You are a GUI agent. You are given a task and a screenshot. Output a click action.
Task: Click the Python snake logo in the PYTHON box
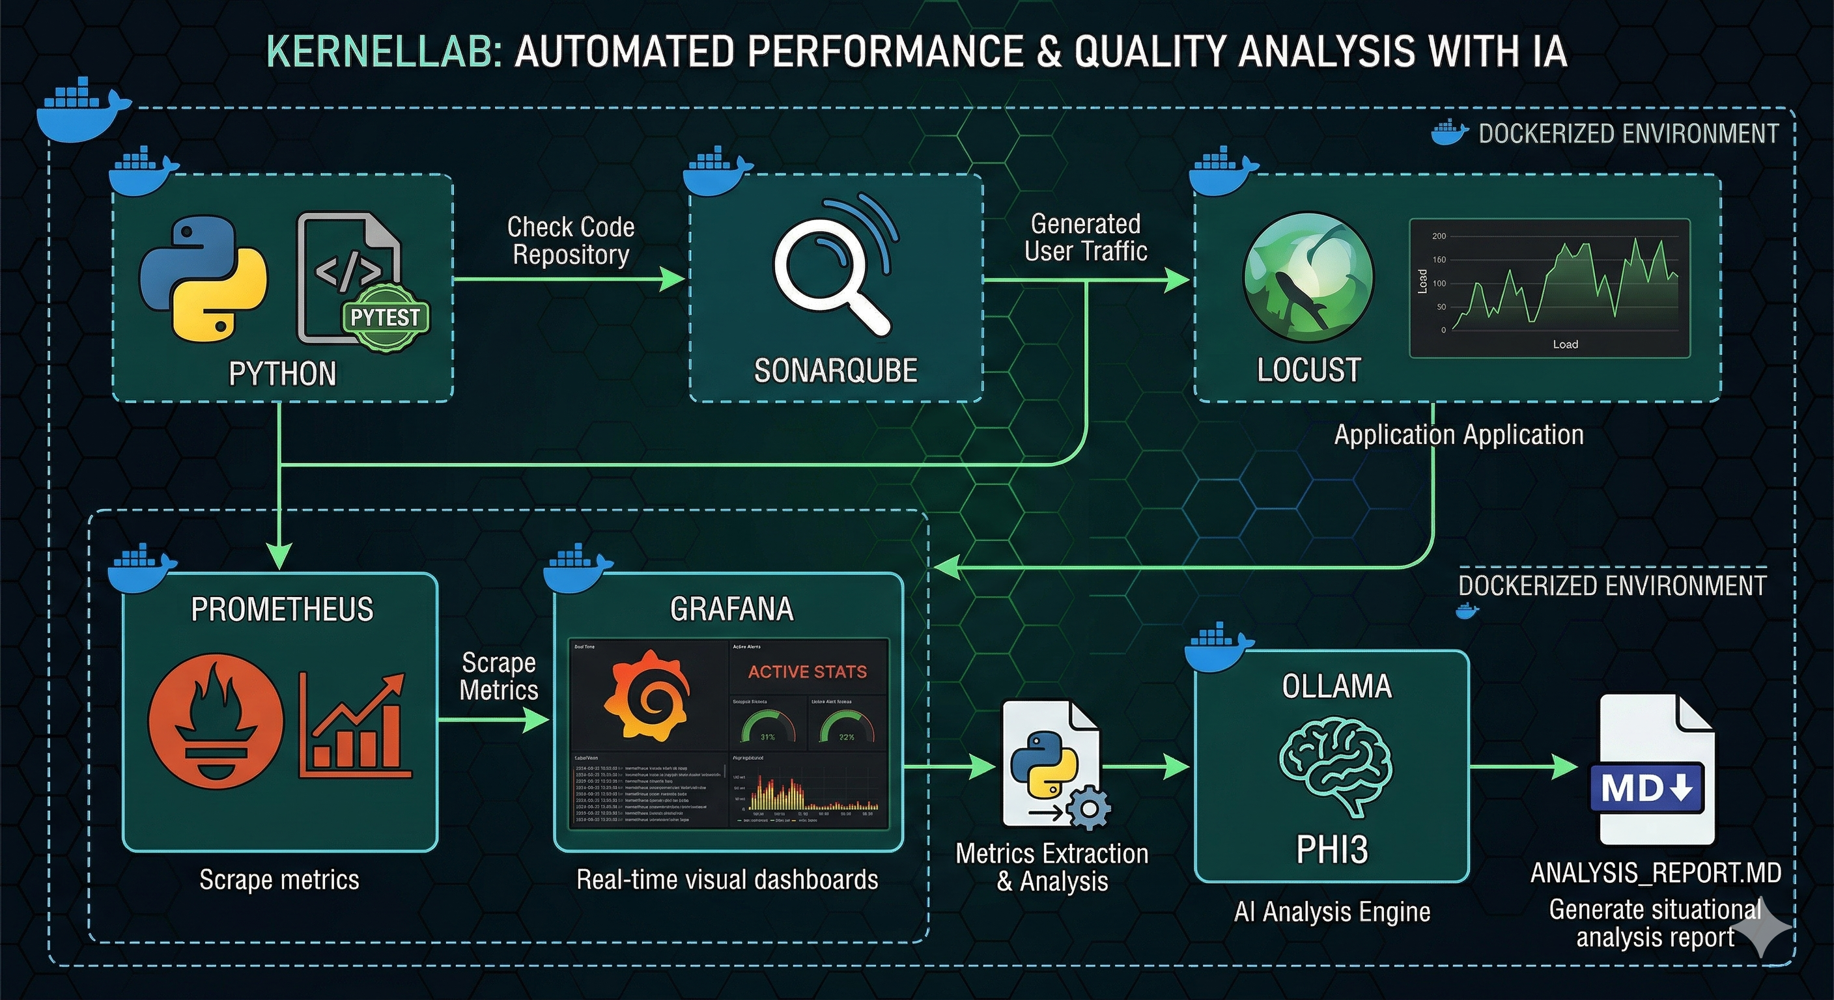click(x=203, y=277)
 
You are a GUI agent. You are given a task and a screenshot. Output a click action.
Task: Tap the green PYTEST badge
click(x=385, y=318)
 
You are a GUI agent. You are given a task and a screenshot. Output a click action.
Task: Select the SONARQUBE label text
click(x=835, y=371)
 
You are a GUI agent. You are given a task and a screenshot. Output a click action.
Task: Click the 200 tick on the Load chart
click(x=1439, y=236)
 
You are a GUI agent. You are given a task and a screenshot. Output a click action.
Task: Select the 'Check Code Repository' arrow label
click(x=571, y=241)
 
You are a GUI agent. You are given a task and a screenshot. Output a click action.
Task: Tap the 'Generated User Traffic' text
click(x=1085, y=238)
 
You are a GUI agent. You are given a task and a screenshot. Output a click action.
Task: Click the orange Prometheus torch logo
click(x=215, y=721)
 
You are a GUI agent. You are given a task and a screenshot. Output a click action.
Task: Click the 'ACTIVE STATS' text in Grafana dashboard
click(x=807, y=672)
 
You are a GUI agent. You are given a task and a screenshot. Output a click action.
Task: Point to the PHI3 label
click(x=1331, y=850)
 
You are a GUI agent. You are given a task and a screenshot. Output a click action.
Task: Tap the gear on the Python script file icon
click(x=1088, y=809)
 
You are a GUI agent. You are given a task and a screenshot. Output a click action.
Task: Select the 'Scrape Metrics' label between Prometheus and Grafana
click(x=498, y=676)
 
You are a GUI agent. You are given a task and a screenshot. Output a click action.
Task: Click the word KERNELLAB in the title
click(x=384, y=52)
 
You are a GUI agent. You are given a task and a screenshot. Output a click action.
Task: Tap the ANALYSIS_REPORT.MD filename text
click(x=1656, y=872)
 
